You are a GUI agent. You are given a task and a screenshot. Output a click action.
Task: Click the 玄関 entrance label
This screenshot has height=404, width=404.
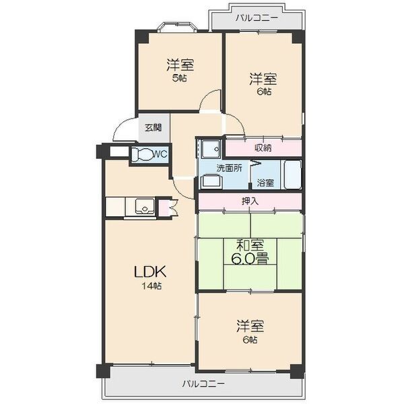153,128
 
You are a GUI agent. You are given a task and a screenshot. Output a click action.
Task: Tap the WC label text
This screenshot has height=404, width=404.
160,154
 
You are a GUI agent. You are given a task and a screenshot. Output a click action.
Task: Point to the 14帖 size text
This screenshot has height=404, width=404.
151,286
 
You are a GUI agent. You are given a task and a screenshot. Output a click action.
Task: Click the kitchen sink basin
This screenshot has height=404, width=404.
144,206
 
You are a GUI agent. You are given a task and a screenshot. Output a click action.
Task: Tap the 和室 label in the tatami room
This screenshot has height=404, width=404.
250,244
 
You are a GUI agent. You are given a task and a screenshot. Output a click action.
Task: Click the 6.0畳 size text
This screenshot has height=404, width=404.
250,259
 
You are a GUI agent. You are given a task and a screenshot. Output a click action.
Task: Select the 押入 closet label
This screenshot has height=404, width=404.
250,201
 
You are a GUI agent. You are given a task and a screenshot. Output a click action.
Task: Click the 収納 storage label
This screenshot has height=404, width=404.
263,148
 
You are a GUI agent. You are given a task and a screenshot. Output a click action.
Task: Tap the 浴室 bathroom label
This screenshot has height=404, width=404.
265,182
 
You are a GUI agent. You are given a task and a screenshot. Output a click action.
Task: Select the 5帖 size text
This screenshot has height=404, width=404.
180,78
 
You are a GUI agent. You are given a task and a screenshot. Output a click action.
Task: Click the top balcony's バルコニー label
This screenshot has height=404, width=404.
257,19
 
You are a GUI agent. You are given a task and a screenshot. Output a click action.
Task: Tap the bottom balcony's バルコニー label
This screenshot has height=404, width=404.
203,384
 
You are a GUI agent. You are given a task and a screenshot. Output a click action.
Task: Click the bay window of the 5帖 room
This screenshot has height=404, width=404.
177,28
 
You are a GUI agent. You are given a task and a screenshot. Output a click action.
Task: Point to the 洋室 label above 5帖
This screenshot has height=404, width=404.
180,65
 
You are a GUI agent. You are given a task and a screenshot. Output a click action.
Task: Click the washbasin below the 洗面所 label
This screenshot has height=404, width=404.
211,180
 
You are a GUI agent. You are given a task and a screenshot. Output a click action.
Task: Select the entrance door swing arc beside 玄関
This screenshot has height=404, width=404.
123,130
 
